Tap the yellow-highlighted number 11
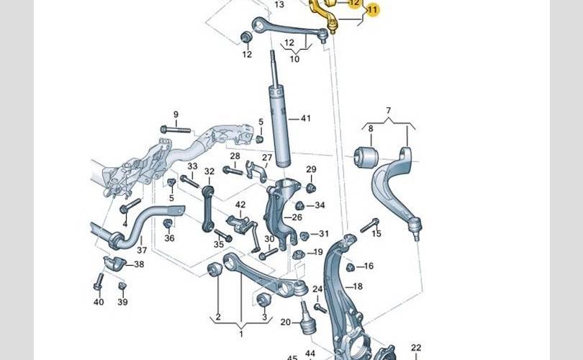[372, 10]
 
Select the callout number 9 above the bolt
[175, 114]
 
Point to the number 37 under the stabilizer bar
[142, 251]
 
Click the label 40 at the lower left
[99, 302]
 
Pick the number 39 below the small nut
[122, 302]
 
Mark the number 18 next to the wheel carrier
[358, 287]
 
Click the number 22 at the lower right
[416, 348]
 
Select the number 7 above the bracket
[388, 110]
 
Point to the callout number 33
[192, 166]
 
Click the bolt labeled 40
[98, 282]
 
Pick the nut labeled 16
[351, 267]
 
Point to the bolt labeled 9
[175, 129]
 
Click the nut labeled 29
[311, 188]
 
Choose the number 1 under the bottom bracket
[240, 333]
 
